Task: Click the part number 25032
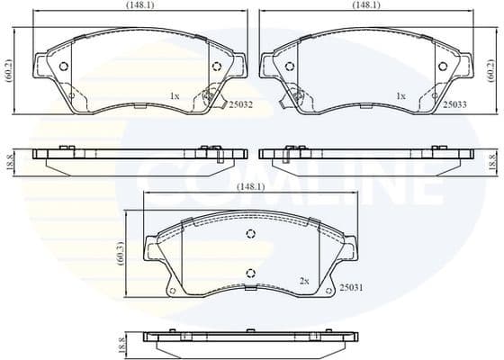pos(239,104)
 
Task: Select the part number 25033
pos(454,104)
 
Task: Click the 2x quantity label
pos(304,282)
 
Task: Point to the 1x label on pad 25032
pos(175,94)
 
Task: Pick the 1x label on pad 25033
pos(400,94)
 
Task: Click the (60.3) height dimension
pos(120,253)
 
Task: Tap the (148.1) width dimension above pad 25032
pos(140,5)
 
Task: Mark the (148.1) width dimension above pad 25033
pos(366,5)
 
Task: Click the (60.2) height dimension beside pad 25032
pos(7,70)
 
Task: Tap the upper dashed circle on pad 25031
pos(251,234)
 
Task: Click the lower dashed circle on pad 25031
pos(251,275)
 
